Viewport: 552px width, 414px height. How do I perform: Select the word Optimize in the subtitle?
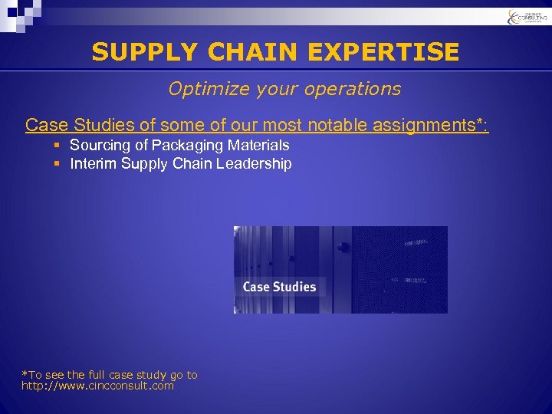coord(202,89)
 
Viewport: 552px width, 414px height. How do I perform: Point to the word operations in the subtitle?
coord(356,89)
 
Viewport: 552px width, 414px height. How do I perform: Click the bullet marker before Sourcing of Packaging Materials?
coord(58,146)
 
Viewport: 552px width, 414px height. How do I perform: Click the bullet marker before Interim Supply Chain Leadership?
coord(58,164)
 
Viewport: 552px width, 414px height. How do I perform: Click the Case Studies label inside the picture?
coord(279,287)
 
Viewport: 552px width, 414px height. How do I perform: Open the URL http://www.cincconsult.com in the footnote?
coord(97,386)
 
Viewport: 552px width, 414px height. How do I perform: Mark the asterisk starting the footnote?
coord(24,374)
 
